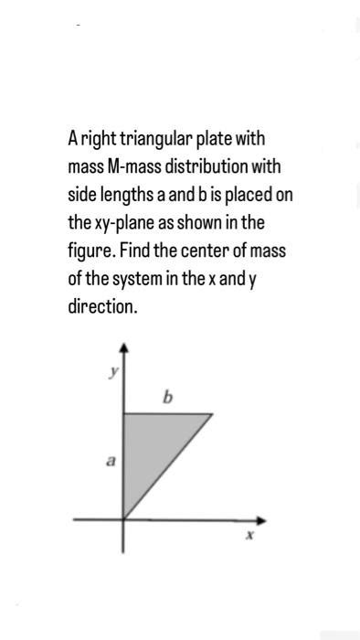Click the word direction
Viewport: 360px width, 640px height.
click(102, 305)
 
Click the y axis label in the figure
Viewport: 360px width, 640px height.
click(113, 372)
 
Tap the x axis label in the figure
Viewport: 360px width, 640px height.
click(247, 538)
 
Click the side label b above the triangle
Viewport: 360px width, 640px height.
click(166, 397)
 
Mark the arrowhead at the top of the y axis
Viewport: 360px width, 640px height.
click(124, 349)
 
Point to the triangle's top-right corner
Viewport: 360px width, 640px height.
click(212, 414)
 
